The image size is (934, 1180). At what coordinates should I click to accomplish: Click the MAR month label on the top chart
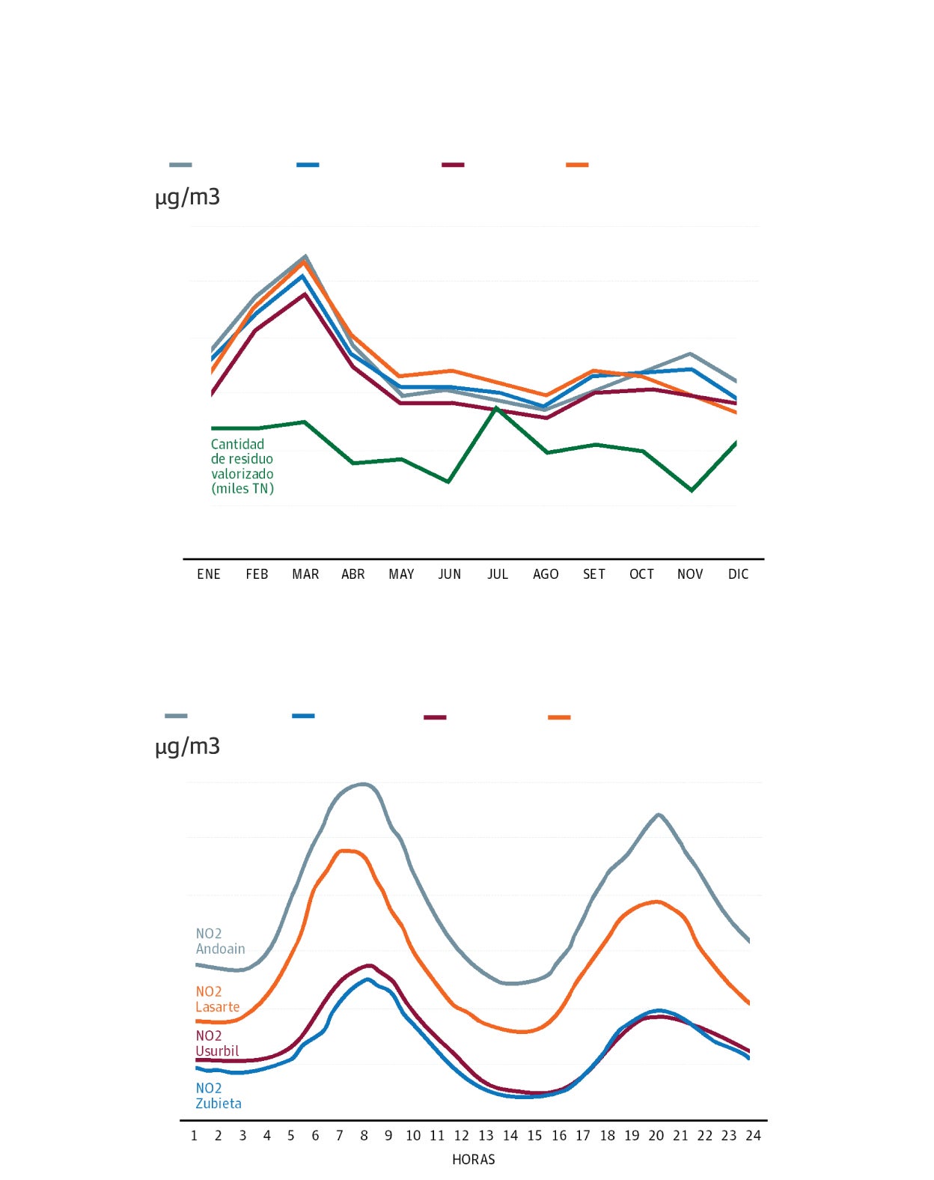[x=305, y=574]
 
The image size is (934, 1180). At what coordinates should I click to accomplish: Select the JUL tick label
[x=498, y=574]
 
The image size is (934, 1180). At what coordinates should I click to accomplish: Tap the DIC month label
[x=738, y=574]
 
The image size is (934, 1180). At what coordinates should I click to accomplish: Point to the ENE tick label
[x=209, y=574]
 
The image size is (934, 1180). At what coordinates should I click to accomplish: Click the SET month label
[x=594, y=574]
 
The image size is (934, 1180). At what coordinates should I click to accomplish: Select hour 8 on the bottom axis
[x=364, y=1136]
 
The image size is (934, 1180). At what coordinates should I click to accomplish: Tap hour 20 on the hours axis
[x=656, y=1136]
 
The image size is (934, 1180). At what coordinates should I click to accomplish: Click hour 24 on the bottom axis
[x=753, y=1136]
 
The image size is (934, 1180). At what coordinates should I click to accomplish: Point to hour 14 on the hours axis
[x=510, y=1136]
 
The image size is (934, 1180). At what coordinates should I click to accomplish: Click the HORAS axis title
[x=474, y=1160]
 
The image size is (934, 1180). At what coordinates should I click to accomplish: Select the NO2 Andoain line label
[x=220, y=941]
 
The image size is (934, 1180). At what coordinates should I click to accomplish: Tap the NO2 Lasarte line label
[x=217, y=1000]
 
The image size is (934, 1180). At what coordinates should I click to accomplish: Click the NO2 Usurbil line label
[x=217, y=1044]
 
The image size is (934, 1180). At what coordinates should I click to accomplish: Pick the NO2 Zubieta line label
[x=218, y=1096]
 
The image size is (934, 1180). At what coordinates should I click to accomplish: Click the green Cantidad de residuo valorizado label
[x=242, y=466]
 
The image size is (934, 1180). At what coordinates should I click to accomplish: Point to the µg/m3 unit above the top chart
[x=188, y=198]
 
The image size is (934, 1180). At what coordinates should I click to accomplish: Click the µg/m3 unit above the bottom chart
[x=188, y=746]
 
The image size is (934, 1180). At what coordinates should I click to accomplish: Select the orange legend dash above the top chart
[x=577, y=165]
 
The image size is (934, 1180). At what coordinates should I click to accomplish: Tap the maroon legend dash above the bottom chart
[x=435, y=717]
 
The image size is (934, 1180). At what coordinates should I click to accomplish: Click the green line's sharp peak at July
[x=496, y=408]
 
